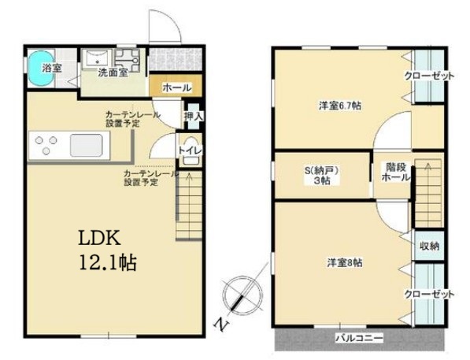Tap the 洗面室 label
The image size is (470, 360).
tap(113, 73)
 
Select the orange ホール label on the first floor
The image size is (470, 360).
tap(176, 88)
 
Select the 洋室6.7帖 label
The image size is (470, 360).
tap(334, 106)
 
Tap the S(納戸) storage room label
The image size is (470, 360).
tap(321, 175)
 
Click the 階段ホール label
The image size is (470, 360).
tap(394, 172)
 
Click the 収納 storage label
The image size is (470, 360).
tap(428, 247)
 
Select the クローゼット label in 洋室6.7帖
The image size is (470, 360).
tap(429, 77)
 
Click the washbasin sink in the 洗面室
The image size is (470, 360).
tap(98, 58)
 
